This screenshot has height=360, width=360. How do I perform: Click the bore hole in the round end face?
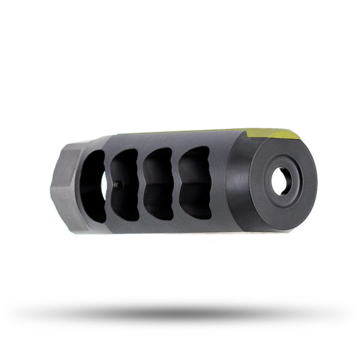pos(281,181)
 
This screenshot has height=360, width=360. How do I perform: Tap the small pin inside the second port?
pos(118,185)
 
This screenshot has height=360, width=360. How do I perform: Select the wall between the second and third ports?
pos(143,183)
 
